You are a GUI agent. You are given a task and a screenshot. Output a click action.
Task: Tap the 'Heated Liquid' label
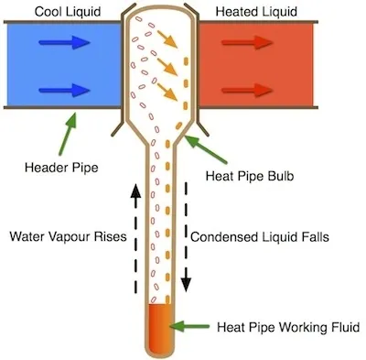pyautogui.click(x=256, y=9)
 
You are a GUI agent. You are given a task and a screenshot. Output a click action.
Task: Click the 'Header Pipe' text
pyautogui.click(x=63, y=169)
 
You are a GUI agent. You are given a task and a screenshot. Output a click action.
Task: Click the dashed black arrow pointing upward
pyautogui.click(x=135, y=234)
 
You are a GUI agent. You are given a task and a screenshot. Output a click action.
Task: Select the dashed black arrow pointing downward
pyautogui.click(x=187, y=234)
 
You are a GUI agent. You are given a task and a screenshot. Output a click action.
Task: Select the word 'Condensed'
pyautogui.click(x=222, y=235)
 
